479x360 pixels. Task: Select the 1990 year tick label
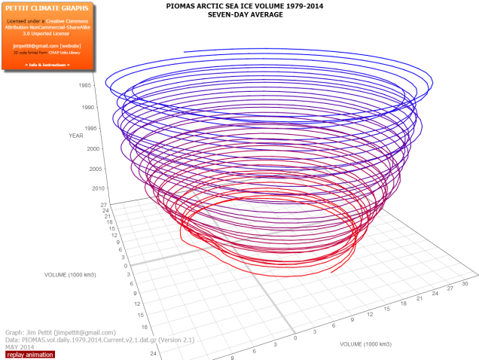(87, 108)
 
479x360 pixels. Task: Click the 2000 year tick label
(93, 148)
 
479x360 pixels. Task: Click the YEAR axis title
(75, 136)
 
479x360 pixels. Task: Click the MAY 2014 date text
(21, 346)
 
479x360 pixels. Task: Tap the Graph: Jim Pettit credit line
(60, 332)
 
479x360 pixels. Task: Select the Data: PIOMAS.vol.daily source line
(87, 340)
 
